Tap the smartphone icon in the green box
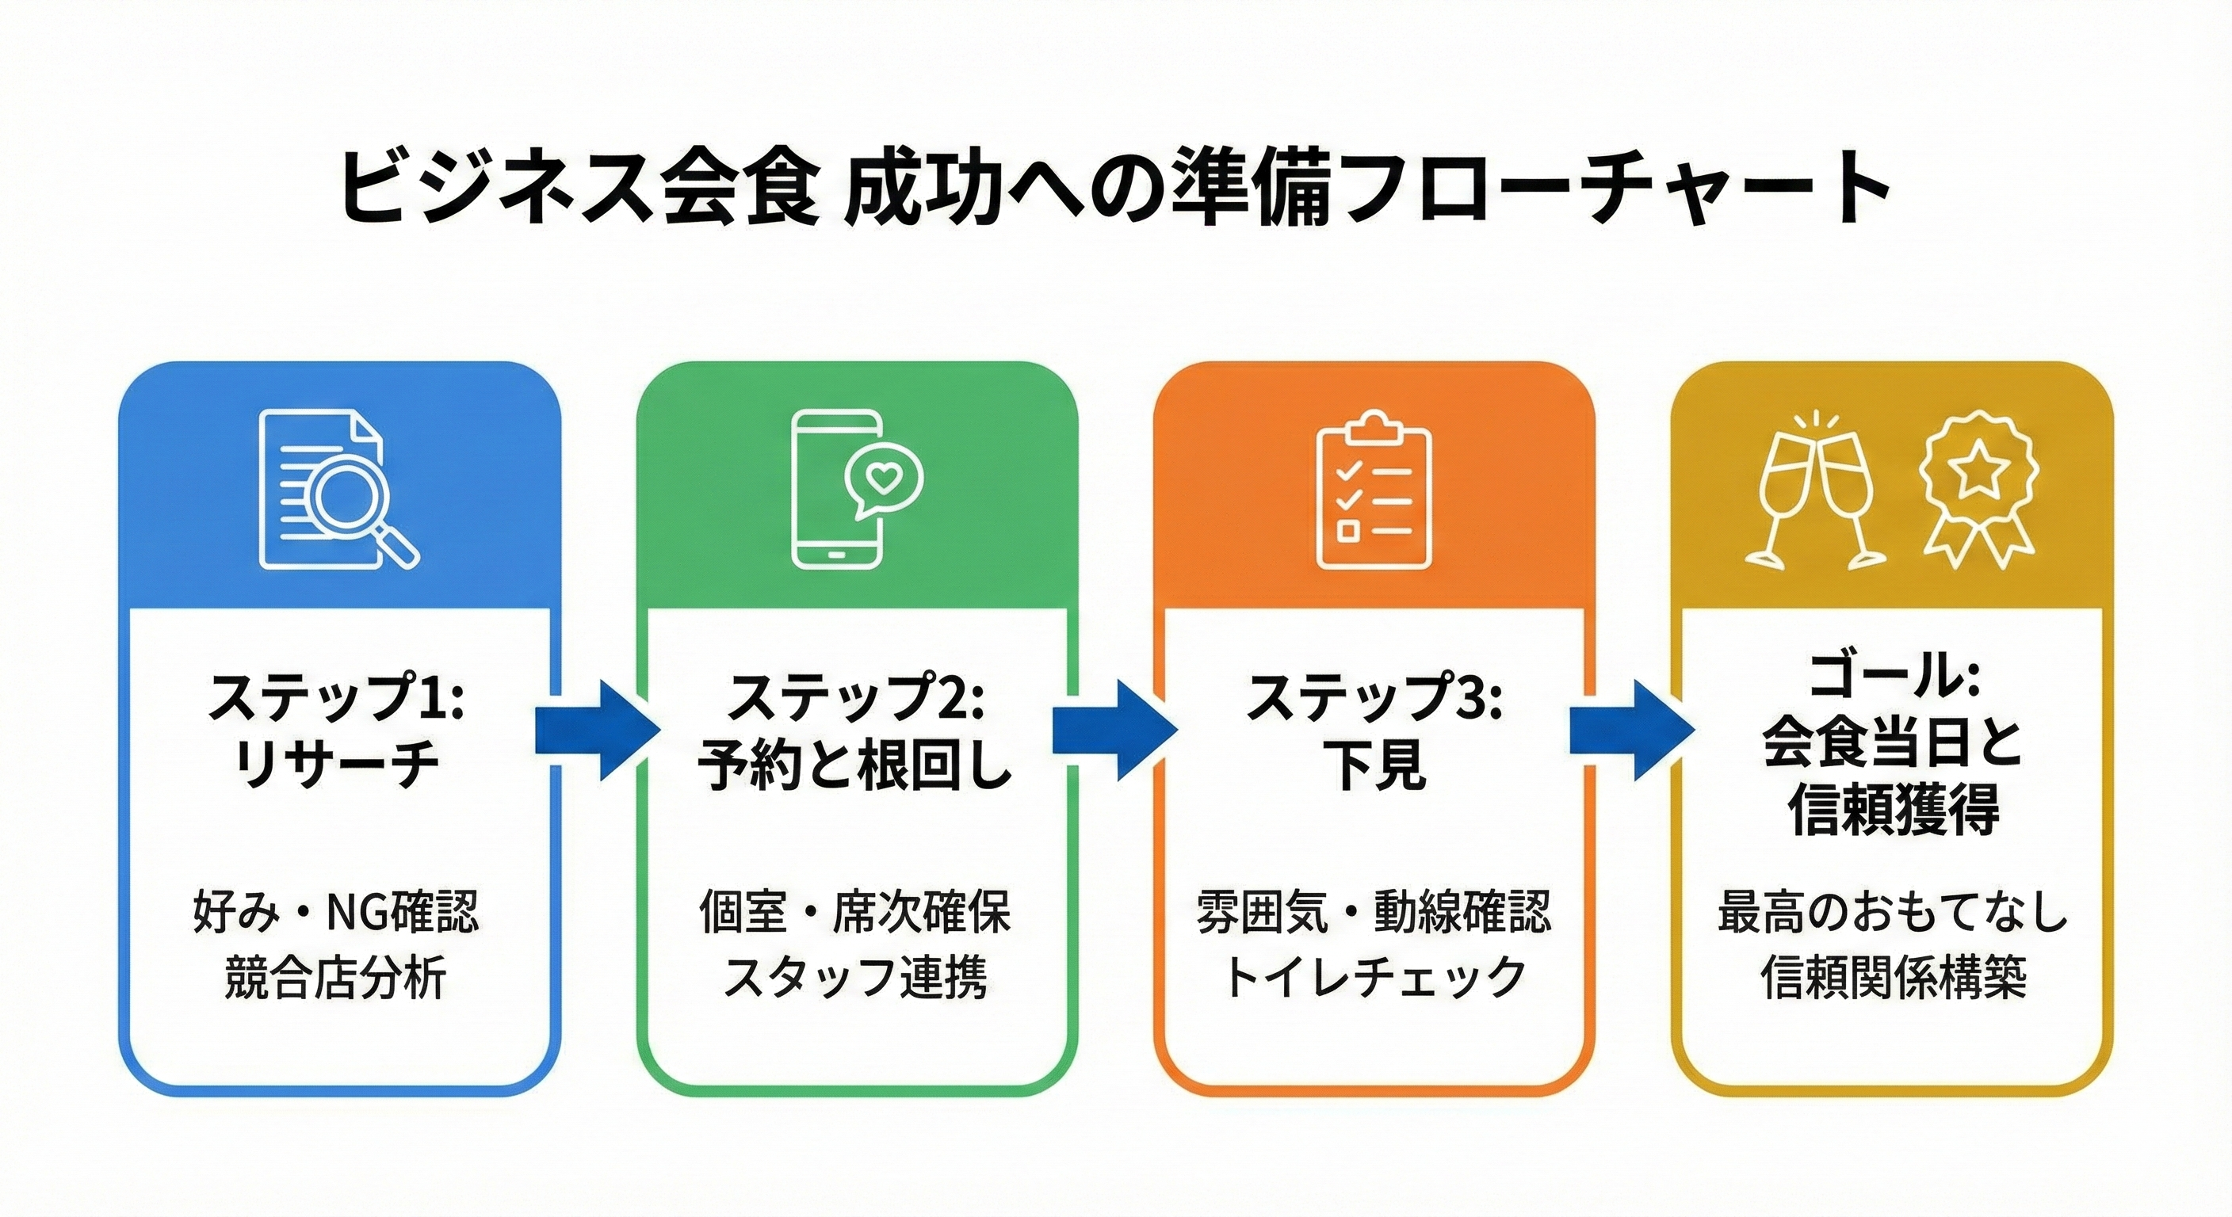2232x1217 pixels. pos(837,490)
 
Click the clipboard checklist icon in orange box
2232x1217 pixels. pos(1374,491)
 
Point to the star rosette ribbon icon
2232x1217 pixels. pos(1978,490)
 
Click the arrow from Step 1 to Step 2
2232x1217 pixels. pos(597,731)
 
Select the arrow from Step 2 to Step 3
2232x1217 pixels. pos(1114,731)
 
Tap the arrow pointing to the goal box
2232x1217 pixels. pos(1631,731)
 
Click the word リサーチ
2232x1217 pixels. pos(337,765)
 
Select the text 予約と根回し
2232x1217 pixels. pos(855,765)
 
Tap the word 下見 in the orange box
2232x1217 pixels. pos(1374,765)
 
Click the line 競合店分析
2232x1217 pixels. pos(335,978)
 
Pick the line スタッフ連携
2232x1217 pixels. pos(855,978)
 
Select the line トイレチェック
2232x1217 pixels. pos(1374,978)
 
